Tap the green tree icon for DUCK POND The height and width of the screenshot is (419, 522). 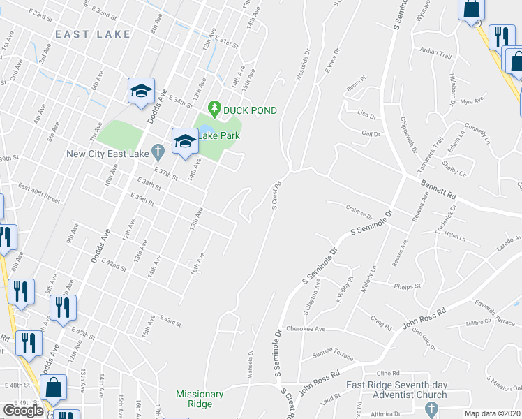tap(216, 110)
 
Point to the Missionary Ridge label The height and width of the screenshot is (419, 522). tap(200, 399)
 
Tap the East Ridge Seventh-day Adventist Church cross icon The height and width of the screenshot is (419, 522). tap(431, 409)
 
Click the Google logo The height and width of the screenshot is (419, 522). tap(23, 411)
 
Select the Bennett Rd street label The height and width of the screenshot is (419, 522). tap(438, 187)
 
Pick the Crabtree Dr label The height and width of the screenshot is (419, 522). tap(359, 207)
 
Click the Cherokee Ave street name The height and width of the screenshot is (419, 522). tap(306, 328)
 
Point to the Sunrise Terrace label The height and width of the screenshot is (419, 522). tap(334, 355)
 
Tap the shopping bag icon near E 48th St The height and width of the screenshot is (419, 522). tap(53, 388)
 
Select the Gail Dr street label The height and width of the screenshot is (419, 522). tap(371, 133)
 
